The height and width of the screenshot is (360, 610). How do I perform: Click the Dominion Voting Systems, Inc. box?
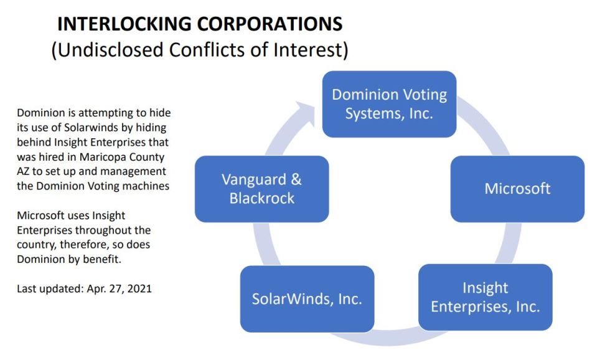tap(389, 104)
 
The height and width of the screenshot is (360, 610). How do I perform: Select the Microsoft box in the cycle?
tap(517, 189)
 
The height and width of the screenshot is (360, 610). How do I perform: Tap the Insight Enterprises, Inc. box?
tap(485, 297)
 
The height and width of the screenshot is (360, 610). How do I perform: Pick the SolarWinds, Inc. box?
tap(307, 299)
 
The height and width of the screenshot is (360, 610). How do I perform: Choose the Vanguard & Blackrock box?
tap(262, 189)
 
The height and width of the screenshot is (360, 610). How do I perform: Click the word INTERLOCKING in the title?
tap(124, 24)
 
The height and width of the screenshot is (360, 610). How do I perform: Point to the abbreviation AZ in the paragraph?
tap(23, 172)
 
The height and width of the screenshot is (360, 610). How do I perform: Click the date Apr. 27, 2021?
tap(119, 289)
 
